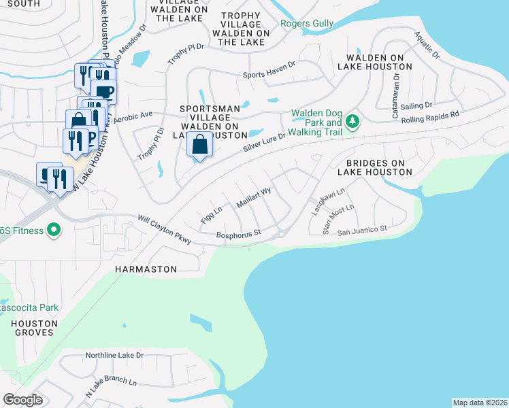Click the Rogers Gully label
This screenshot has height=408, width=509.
coord(307,24)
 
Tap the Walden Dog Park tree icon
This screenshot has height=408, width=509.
coord(352,122)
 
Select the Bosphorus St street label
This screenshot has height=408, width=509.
coord(238,234)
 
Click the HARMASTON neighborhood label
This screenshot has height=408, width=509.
coord(146,269)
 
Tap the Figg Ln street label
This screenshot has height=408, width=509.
coord(212,217)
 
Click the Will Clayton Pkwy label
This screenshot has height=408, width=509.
coord(165,231)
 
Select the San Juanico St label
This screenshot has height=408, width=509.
coord(362,230)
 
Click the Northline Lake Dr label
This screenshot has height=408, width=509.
coord(114,356)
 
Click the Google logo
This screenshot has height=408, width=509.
coord(22,399)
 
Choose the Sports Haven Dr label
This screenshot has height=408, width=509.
coord(269,75)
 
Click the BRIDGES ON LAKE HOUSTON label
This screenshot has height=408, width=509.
coord(379,168)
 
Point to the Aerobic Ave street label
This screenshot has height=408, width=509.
coord(133,117)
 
